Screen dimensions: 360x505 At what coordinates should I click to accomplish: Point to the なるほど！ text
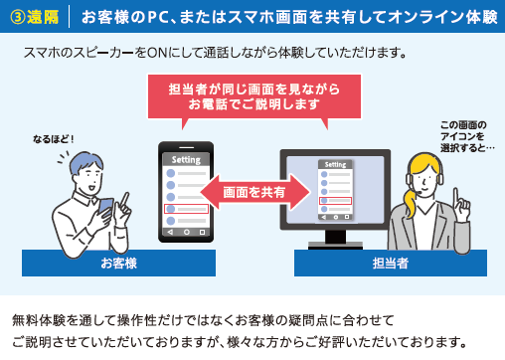[52, 138]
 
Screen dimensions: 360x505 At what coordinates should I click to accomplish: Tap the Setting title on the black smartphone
[186, 159]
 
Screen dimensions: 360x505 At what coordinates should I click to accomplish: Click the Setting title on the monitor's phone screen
[335, 165]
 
